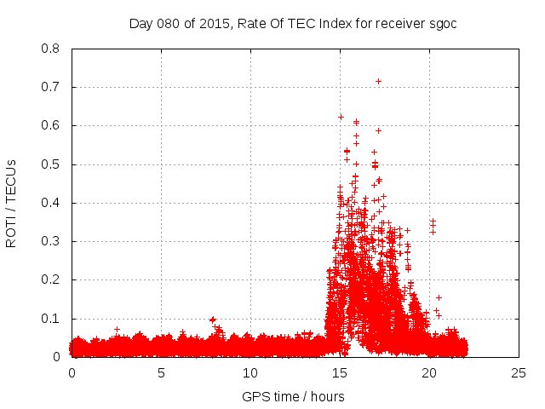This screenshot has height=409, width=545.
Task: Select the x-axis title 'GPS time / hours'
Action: tap(293, 396)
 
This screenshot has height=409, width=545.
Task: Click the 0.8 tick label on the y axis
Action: tap(50, 49)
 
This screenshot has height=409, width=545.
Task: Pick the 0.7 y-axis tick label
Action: tap(50, 87)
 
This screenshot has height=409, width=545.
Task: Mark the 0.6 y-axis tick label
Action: tap(50, 125)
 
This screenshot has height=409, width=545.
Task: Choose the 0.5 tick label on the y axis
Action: tap(50, 164)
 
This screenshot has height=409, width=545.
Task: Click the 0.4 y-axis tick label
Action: tap(50, 203)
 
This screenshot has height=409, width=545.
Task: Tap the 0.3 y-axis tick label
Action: tap(50, 241)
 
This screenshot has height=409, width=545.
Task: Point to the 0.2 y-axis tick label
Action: tap(50, 279)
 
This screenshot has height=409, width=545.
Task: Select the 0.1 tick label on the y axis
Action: tap(50, 319)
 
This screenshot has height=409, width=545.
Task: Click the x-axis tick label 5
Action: tap(161, 372)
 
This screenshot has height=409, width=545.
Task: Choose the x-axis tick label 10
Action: tap(250, 372)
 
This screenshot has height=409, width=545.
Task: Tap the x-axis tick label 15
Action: tap(340, 372)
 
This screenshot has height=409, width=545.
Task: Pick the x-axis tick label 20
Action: tap(429, 372)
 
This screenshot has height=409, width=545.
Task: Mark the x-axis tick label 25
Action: tap(519, 372)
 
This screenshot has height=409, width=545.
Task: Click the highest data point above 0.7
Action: tap(378, 81)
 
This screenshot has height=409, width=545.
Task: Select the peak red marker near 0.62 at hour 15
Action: tap(341, 117)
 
